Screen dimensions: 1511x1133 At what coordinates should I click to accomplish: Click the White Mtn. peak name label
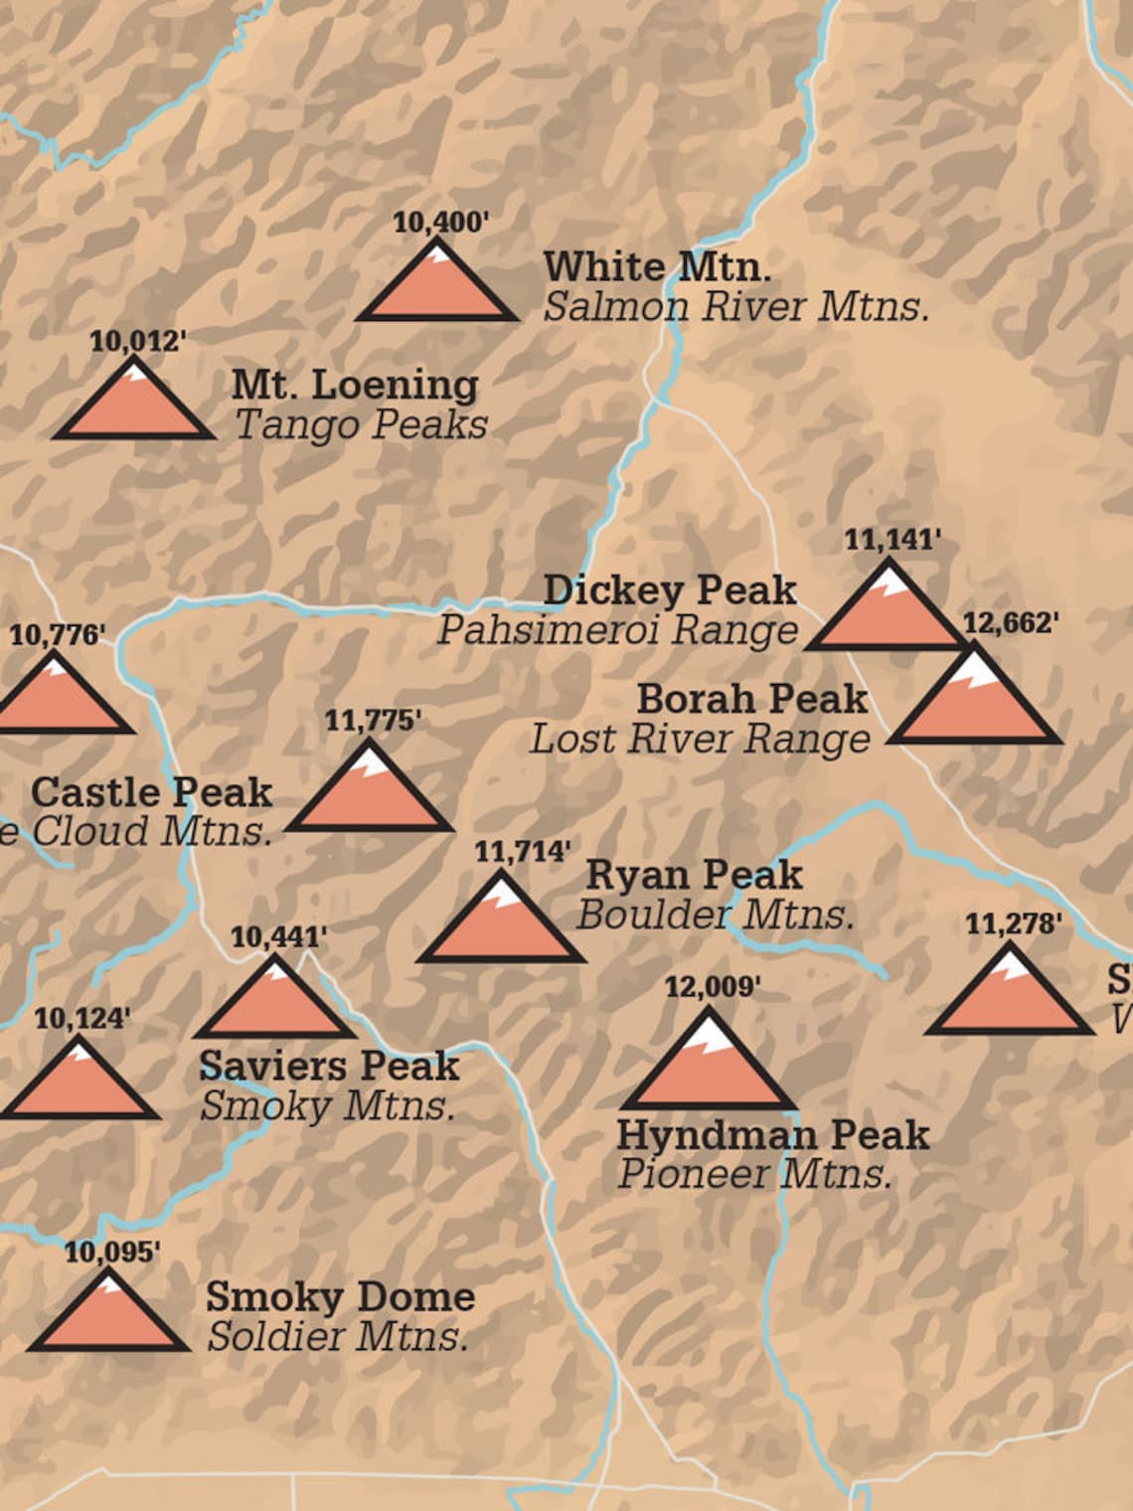pyautogui.click(x=657, y=266)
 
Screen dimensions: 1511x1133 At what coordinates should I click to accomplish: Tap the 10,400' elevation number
pyautogui.click(x=440, y=222)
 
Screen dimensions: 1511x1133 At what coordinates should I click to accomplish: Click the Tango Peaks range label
pyautogui.click(x=361, y=424)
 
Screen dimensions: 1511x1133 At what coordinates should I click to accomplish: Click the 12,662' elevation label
pyautogui.click(x=1010, y=623)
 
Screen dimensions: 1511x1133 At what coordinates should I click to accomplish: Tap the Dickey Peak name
pyautogui.click(x=669, y=589)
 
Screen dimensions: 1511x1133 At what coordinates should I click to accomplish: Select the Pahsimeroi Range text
pyautogui.click(x=617, y=629)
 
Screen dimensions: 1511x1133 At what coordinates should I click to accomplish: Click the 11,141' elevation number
pyautogui.click(x=891, y=540)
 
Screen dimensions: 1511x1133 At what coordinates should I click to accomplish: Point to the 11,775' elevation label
pyautogui.click(x=373, y=721)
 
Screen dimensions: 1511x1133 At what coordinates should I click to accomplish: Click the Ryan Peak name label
pyautogui.click(x=694, y=875)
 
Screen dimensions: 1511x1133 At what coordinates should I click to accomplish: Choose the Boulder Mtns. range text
pyautogui.click(x=715, y=915)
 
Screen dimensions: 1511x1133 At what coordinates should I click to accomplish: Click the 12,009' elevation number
pyautogui.click(x=712, y=987)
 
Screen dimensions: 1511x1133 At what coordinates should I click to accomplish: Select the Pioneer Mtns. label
pyautogui.click(x=753, y=1174)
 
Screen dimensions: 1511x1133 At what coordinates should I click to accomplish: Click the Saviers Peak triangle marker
pyautogui.click(x=274, y=1004)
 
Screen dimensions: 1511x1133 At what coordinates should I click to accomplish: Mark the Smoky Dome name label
pyautogui.click(x=340, y=1296)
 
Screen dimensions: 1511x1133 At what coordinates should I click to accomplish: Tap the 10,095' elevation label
pyautogui.click(x=111, y=1253)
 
